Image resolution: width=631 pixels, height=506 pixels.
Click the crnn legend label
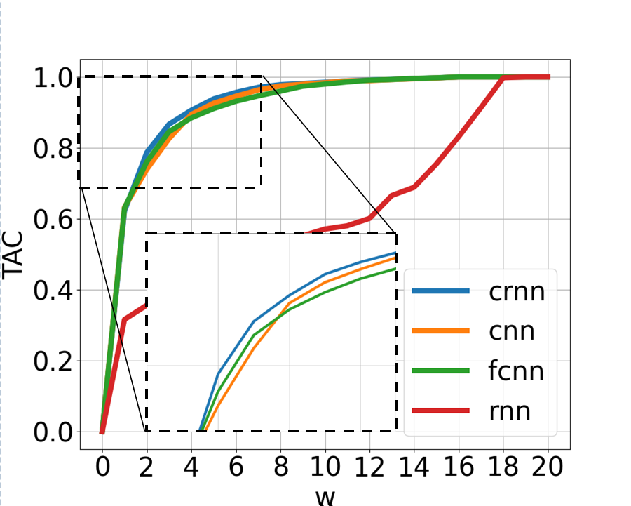[x=517, y=291]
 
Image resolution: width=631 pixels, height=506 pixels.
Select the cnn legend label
[x=512, y=331]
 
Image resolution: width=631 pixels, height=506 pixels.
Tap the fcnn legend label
[x=516, y=371]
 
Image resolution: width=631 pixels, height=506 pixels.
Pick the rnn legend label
[x=510, y=411]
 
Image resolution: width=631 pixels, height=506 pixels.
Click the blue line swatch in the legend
[x=441, y=291]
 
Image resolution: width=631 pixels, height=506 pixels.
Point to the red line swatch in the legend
[x=441, y=411]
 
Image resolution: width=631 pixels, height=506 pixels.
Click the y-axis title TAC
[x=12, y=255]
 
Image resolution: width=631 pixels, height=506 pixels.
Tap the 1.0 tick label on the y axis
[x=53, y=77]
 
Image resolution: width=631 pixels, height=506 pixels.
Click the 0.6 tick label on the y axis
[x=53, y=220]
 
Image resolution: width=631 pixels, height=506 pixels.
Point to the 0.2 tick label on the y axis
[x=53, y=361]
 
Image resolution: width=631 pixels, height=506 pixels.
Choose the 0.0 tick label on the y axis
[x=53, y=432]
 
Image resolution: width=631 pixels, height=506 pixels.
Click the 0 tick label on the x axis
[x=102, y=467]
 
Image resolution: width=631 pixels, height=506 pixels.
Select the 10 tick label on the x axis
[x=325, y=467]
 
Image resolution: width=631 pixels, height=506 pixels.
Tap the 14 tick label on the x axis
[x=414, y=467]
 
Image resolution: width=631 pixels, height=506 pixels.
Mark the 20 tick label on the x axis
[x=548, y=467]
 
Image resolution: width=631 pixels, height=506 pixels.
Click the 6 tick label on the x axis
[x=236, y=467]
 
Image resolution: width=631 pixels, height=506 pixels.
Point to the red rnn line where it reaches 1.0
[x=503, y=77]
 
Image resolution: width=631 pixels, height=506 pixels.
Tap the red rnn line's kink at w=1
[x=124, y=319]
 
